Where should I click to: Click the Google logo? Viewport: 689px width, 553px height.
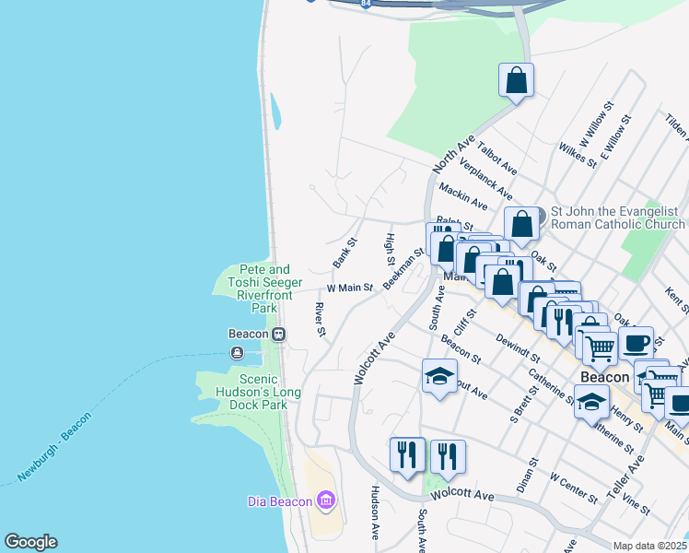(30, 542)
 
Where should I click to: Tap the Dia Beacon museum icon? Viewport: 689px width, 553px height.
(324, 500)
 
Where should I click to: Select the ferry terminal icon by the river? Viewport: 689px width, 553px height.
(239, 352)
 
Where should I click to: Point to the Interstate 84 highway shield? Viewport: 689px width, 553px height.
(367, 4)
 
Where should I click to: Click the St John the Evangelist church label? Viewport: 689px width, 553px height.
(617, 218)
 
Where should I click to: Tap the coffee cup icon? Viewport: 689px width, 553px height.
(636, 343)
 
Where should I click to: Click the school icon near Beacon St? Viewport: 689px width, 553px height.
(439, 376)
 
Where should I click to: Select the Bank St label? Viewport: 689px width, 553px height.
(344, 253)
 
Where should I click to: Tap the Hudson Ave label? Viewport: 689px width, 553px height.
(375, 512)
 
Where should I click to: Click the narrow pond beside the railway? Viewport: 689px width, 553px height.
(275, 112)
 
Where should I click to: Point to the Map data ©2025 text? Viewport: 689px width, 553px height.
(650, 546)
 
